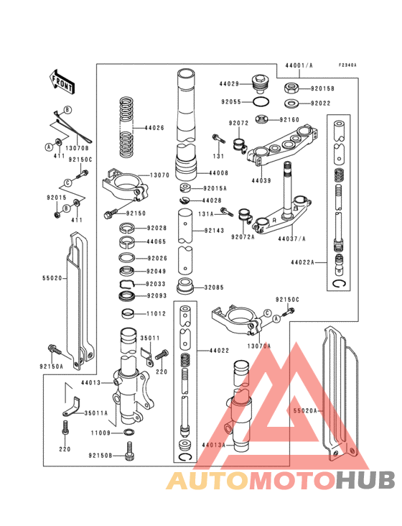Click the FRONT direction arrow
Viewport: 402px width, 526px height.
[x=63, y=82]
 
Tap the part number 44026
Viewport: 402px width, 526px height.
[x=154, y=128]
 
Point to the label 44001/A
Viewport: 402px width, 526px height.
[x=299, y=65]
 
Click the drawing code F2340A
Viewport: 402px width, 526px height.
[x=348, y=65]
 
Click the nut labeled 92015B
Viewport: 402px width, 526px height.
[x=293, y=89]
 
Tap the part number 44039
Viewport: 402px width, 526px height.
[x=261, y=180]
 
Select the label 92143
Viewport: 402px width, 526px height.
[x=215, y=231]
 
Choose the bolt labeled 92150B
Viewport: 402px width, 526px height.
[x=129, y=452]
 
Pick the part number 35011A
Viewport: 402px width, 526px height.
[x=95, y=413]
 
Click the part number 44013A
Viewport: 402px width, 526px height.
[x=214, y=445]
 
